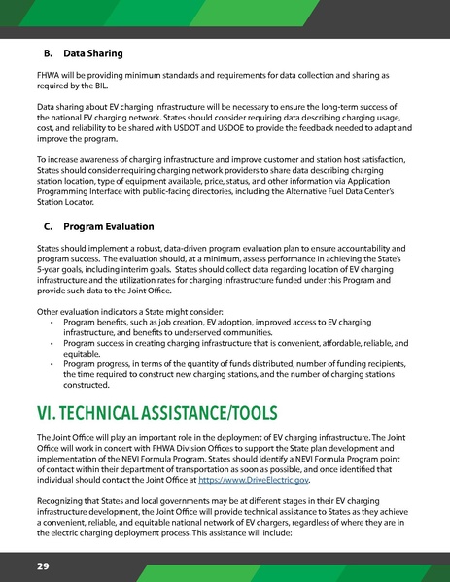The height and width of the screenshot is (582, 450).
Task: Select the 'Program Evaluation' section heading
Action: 115,229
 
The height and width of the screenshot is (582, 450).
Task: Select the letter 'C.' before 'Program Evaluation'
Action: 39,229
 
